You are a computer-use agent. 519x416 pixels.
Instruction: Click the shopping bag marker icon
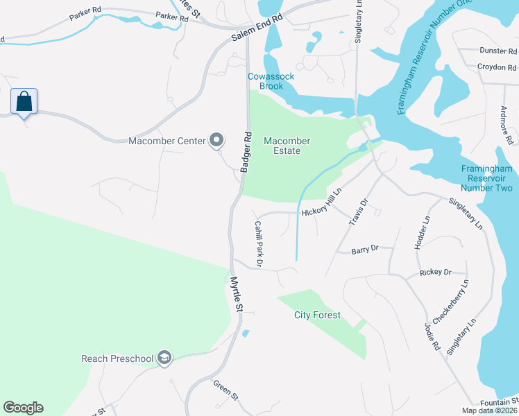(x=24, y=102)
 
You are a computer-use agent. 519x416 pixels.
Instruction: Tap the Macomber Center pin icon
(x=216, y=141)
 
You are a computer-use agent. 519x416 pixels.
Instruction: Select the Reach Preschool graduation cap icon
(x=164, y=358)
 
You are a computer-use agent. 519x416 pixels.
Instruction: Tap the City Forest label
(x=317, y=315)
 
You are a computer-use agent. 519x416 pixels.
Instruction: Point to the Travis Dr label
(x=356, y=211)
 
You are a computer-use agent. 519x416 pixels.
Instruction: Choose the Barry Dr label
(x=364, y=249)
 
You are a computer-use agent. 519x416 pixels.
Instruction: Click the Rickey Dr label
(x=435, y=272)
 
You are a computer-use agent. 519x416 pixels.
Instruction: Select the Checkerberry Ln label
(x=451, y=301)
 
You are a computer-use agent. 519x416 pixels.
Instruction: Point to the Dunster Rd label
(x=497, y=50)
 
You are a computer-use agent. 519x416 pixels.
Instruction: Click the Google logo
(x=23, y=408)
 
